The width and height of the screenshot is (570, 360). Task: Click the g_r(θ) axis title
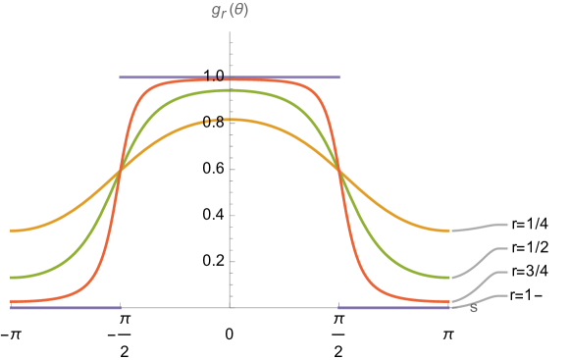pos(230,12)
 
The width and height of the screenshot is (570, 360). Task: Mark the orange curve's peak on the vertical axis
pos(230,120)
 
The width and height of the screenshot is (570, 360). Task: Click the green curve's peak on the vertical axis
pos(230,90)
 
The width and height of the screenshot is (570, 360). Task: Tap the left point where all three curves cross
pos(120,172)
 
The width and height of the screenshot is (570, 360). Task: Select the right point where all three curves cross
pos(339,172)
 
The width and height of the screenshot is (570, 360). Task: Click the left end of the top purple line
pos(121,77)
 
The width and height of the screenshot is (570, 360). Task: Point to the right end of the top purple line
pos(339,77)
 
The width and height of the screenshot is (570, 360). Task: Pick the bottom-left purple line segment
pos(65,308)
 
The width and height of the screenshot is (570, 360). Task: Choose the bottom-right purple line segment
pos(392,308)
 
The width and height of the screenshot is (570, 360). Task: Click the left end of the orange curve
pos(12,231)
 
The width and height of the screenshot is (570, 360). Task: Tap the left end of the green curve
pos(12,278)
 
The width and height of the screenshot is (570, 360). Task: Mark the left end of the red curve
pos(12,301)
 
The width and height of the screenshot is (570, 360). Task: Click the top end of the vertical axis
pos(230,32)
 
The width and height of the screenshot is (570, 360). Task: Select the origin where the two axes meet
pos(230,308)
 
